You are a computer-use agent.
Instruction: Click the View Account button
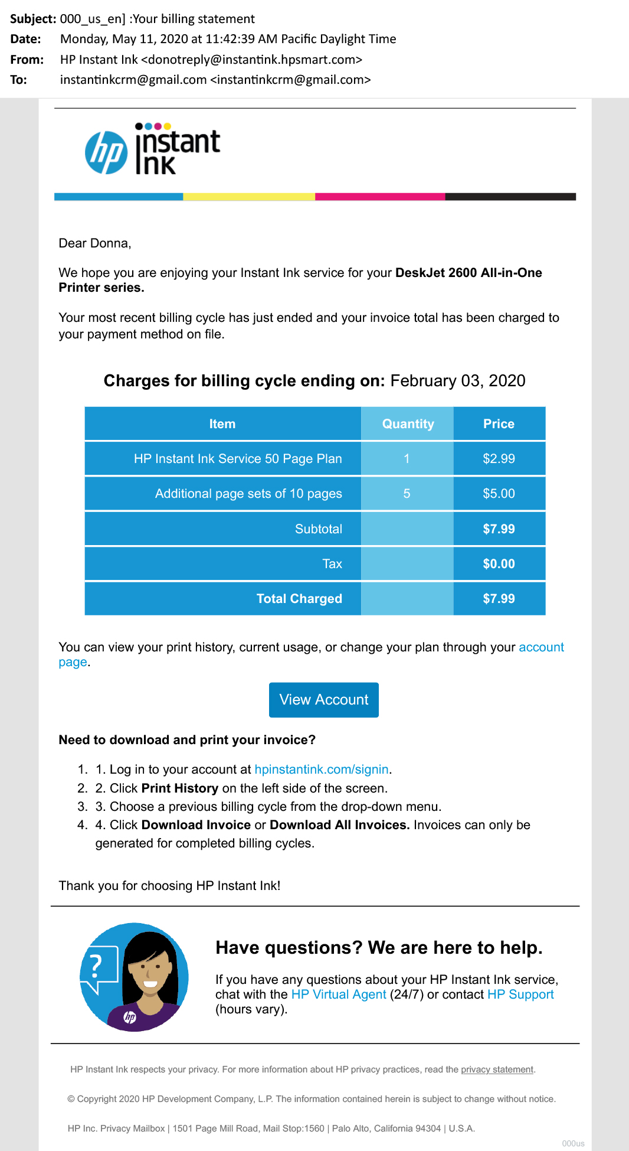pyautogui.click(x=323, y=700)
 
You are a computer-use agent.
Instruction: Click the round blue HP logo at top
pyautogui.click(x=106, y=153)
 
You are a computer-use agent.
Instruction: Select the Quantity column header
pyautogui.click(x=407, y=424)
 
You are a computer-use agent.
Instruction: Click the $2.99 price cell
pyautogui.click(x=499, y=459)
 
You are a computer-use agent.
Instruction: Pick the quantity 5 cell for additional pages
pyautogui.click(x=407, y=494)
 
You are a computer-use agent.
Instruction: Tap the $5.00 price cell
pyautogui.click(x=499, y=494)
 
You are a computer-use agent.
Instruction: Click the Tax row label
pyautogui.click(x=332, y=564)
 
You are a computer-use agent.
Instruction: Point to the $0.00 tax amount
pyautogui.click(x=499, y=564)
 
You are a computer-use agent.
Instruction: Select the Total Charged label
pyautogui.click(x=299, y=599)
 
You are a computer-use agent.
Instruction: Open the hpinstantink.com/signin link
pyautogui.click(x=322, y=769)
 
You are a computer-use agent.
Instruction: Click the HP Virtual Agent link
pyautogui.click(x=339, y=995)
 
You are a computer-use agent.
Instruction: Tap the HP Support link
pyautogui.click(x=520, y=995)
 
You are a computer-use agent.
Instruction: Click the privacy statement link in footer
pyautogui.click(x=497, y=1070)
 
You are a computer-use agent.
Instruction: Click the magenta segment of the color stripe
pyautogui.click(x=380, y=197)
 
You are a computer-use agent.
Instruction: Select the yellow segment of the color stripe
pyautogui.click(x=249, y=197)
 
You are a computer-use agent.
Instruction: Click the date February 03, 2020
pyautogui.click(x=458, y=381)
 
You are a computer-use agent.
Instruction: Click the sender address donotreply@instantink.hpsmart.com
pyautogui.click(x=251, y=60)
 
